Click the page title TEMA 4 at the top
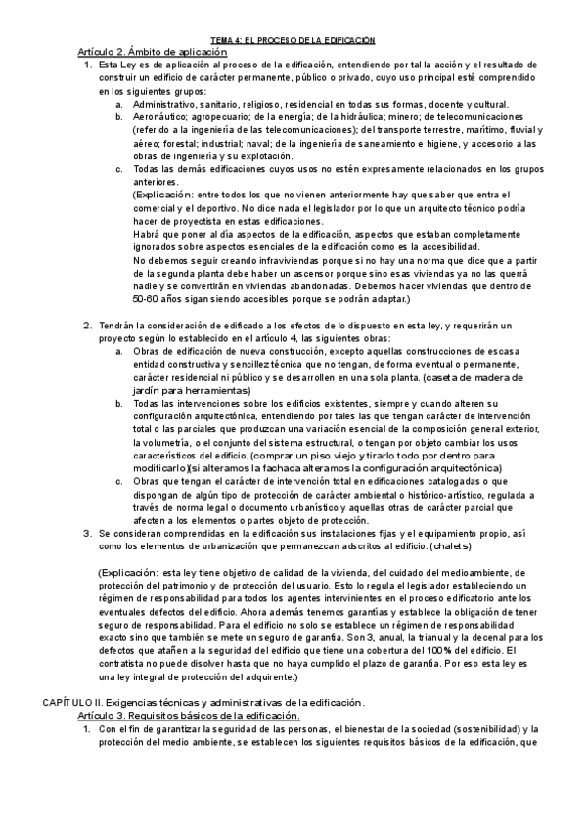tap(293, 39)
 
